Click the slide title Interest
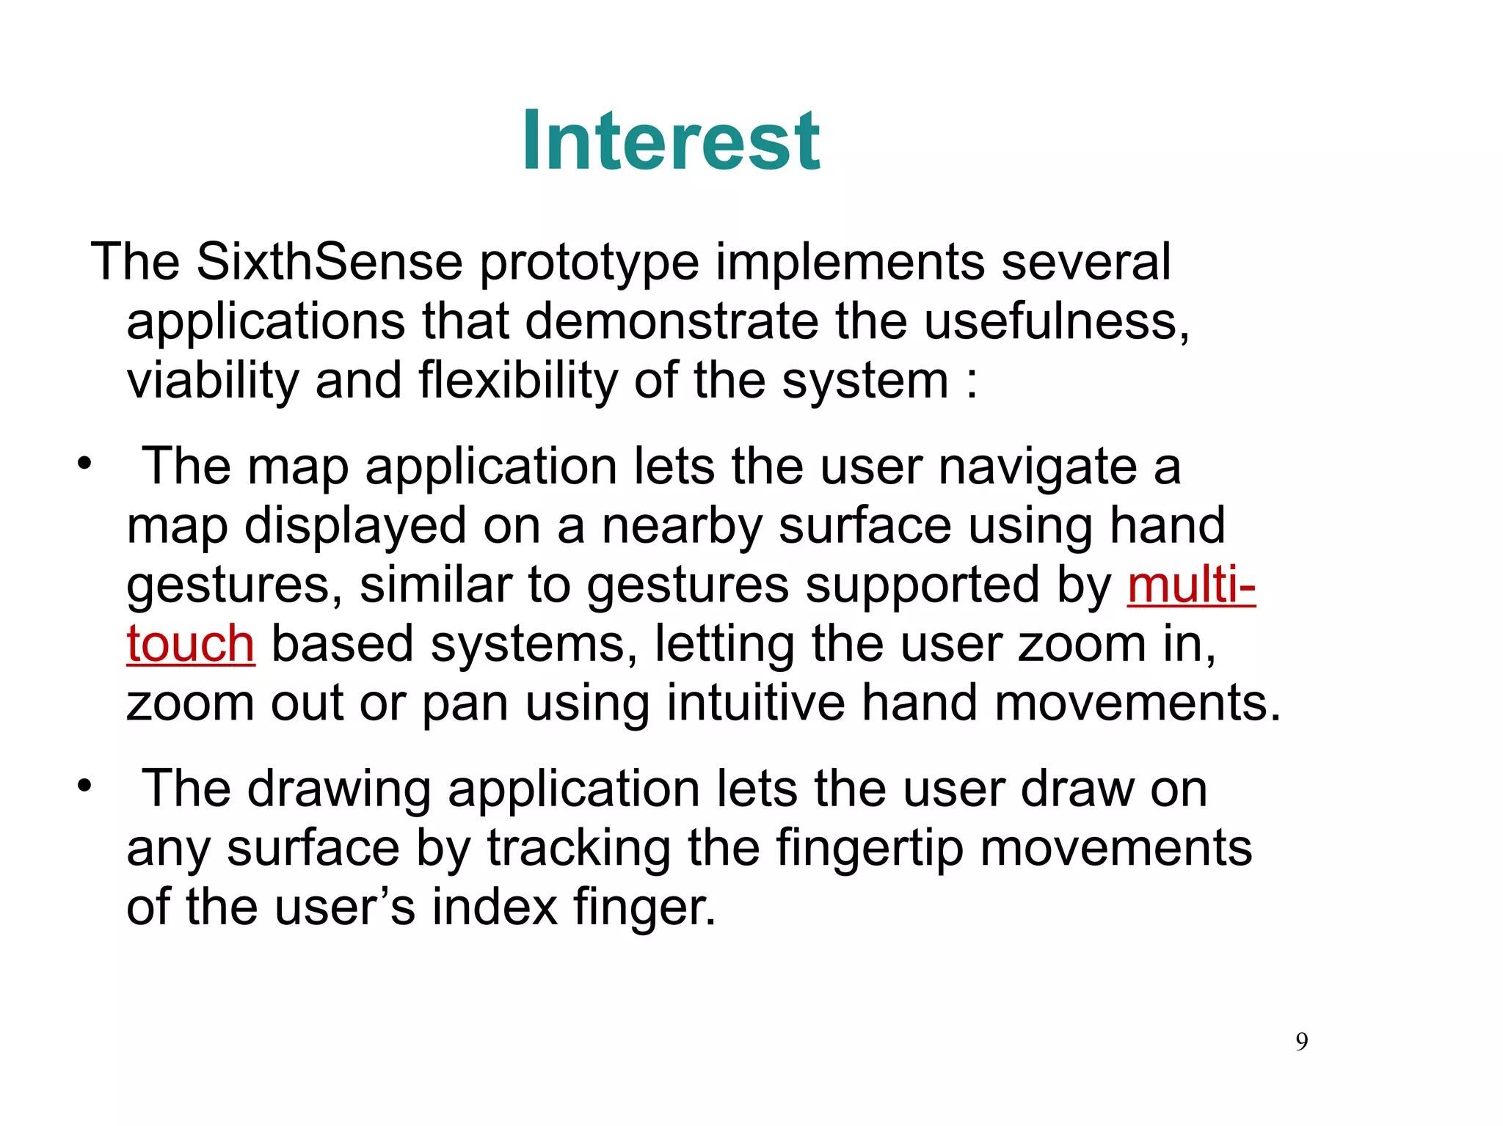pos(671,141)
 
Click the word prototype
pos(589,263)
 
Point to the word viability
pos(213,381)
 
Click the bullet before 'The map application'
pos(85,464)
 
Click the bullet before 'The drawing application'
pos(85,786)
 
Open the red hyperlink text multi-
pos(1190,585)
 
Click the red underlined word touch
pos(191,644)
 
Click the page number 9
pos(1301,1042)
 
